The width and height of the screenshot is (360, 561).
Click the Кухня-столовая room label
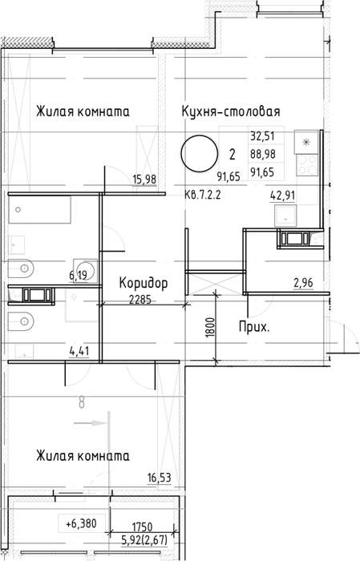[230, 111]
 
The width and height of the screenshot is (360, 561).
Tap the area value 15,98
[144, 179]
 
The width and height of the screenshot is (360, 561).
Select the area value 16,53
[160, 478]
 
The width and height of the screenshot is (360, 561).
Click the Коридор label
[144, 283]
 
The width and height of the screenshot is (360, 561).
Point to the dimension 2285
[140, 300]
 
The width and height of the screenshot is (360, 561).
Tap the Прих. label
[254, 327]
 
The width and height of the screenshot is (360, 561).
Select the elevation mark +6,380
[82, 524]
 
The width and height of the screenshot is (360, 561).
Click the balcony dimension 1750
[143, 527]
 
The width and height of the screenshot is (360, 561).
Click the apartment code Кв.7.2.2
[203, 196]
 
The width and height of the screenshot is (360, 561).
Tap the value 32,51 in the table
[262, 136]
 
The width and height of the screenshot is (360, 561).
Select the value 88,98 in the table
[263, 154]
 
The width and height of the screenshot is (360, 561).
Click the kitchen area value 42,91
[283, 196]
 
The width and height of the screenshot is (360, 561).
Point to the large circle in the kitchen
[200, 154]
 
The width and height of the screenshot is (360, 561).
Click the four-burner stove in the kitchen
[306, 164]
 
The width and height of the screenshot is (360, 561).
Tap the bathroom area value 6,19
[79, 275]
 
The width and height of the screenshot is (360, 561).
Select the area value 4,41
[79, 351]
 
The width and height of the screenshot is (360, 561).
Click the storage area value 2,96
[303, 283]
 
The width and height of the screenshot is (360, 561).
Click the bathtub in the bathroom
[39, 210]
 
